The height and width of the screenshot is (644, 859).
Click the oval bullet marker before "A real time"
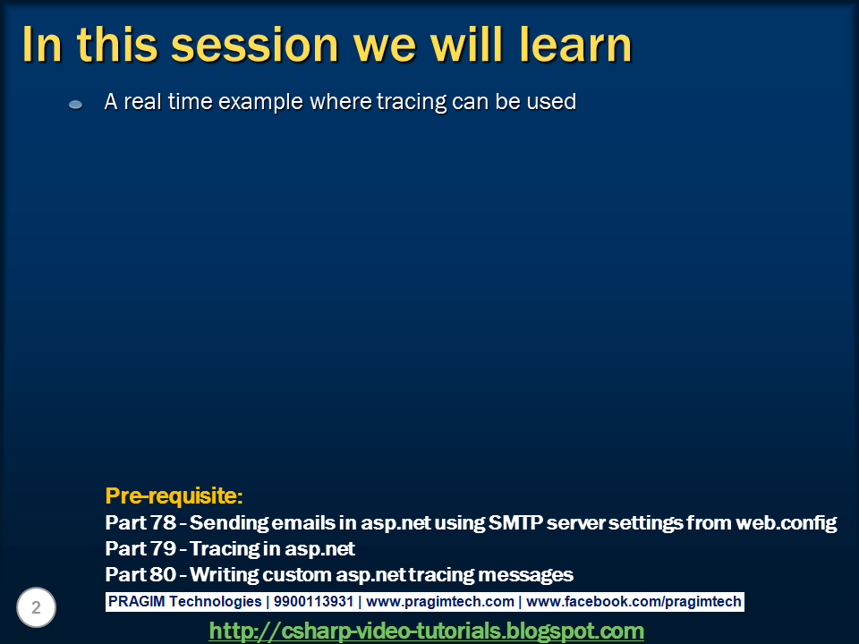(x=76, y=105)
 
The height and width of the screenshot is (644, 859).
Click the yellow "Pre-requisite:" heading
(x=174, y=496)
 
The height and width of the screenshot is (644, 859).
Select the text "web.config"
(x=786, y=523)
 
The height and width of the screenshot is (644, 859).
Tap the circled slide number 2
(x=37, y=608)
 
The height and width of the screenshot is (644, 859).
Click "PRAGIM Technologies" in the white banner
(x=184, y=602)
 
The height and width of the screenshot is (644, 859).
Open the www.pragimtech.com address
(x=440, y=602)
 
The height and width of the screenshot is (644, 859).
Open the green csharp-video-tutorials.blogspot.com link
(x=427, y=631)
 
